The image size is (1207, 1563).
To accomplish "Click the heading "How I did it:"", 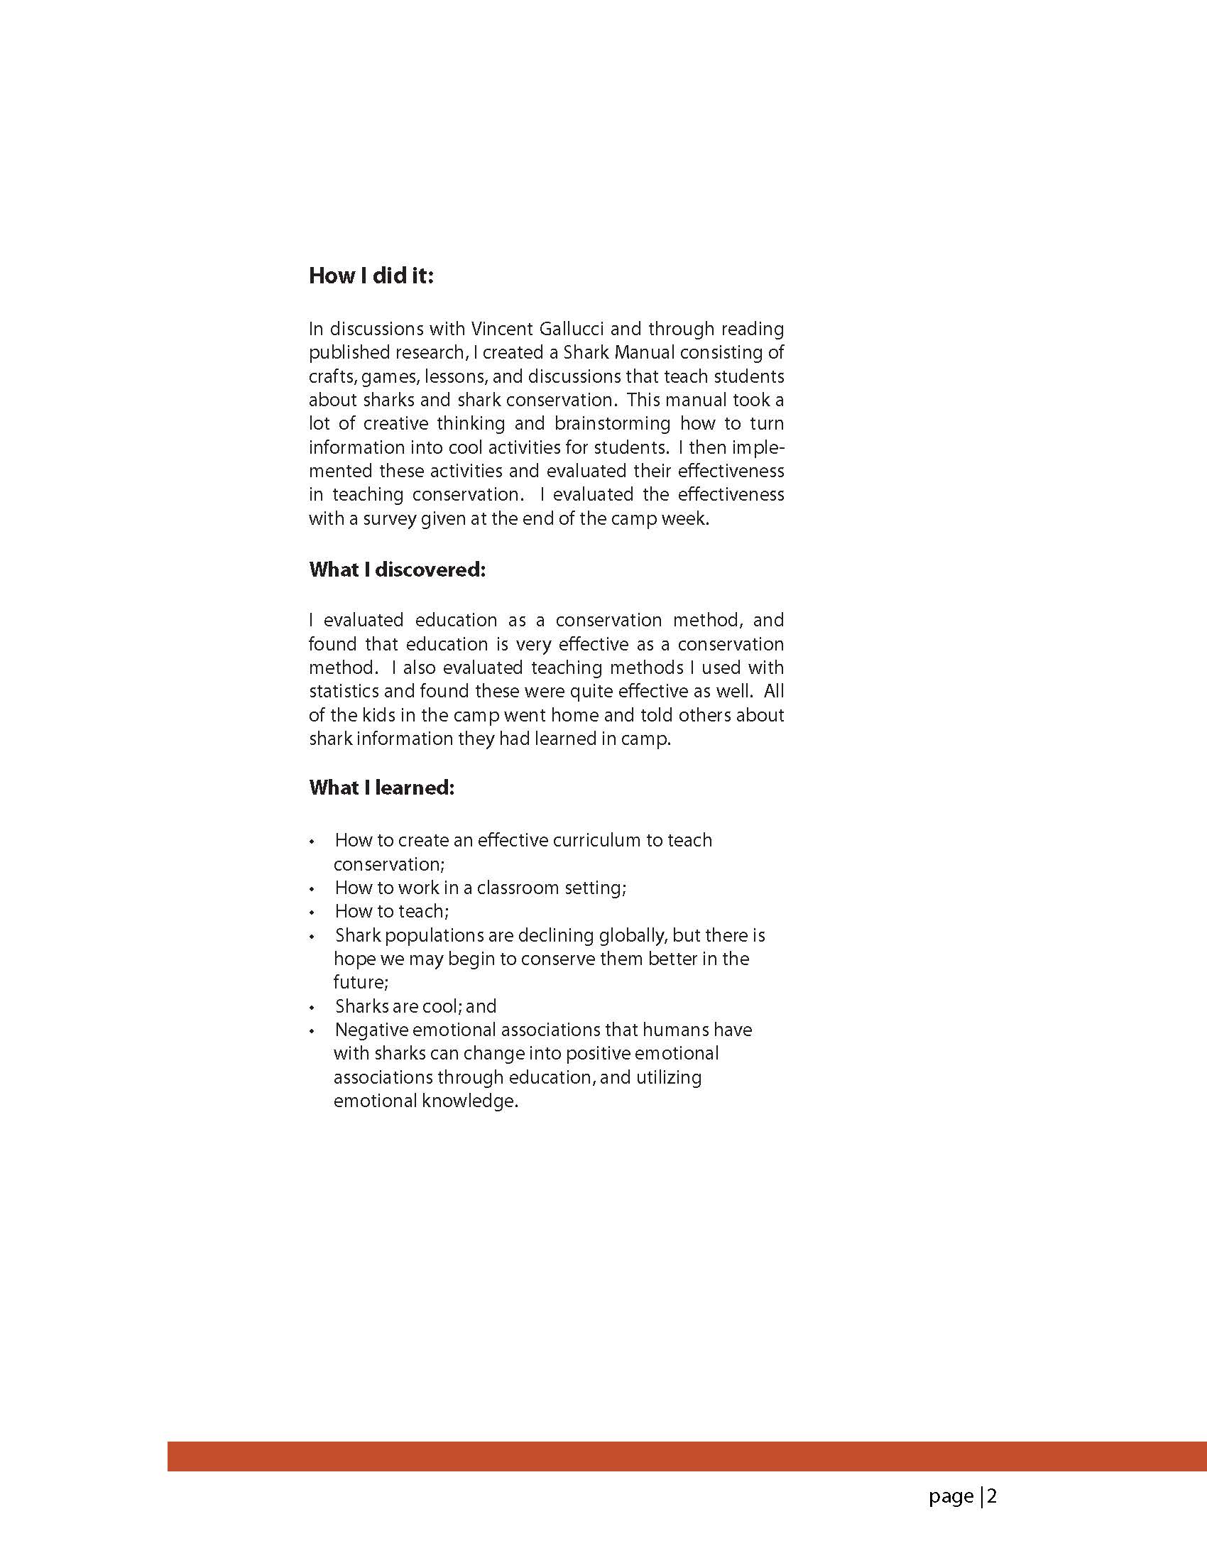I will tap(371, 276).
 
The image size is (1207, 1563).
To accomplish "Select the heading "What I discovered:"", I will tap(397, 570).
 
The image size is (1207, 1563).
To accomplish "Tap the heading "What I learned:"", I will tap(381, 788).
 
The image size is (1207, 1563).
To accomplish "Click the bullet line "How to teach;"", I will tap(391, 912).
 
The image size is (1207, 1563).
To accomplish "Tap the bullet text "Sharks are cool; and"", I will tap(415, 1007).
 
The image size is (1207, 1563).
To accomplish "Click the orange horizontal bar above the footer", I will tap(687, 1456).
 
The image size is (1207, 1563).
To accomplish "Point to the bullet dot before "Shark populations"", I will tap(312, 937).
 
